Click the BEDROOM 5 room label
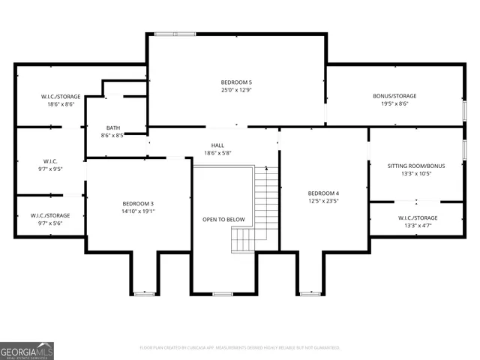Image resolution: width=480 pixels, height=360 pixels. tap(236, 82)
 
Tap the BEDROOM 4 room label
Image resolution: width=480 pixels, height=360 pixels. tap(323, 193)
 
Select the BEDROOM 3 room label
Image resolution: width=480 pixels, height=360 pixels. tap(138, 203)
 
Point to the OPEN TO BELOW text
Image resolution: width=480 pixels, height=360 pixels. tap(223, 219)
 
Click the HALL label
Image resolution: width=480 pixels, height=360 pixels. tap(217, 145)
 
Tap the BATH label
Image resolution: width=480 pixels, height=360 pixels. tap(113, 127)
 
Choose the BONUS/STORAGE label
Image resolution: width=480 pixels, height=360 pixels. tap(394, 96)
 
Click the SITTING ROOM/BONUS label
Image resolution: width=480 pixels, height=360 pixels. tap(415, 165)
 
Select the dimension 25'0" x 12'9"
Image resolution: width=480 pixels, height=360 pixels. tap(236, 90)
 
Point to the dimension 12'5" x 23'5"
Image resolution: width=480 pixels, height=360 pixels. tap(323, 201)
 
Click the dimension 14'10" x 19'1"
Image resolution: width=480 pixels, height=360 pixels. tap(138, 211)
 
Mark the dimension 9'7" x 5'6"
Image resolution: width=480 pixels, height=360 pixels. tap(50, 223)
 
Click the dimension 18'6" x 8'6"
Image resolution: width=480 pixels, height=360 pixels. tap(61, 105)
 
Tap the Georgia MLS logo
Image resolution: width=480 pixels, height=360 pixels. tap(27, 350)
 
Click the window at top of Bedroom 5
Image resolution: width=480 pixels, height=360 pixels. tap(175, 33)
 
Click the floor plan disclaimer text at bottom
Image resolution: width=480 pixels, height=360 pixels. tap(240, 347)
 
